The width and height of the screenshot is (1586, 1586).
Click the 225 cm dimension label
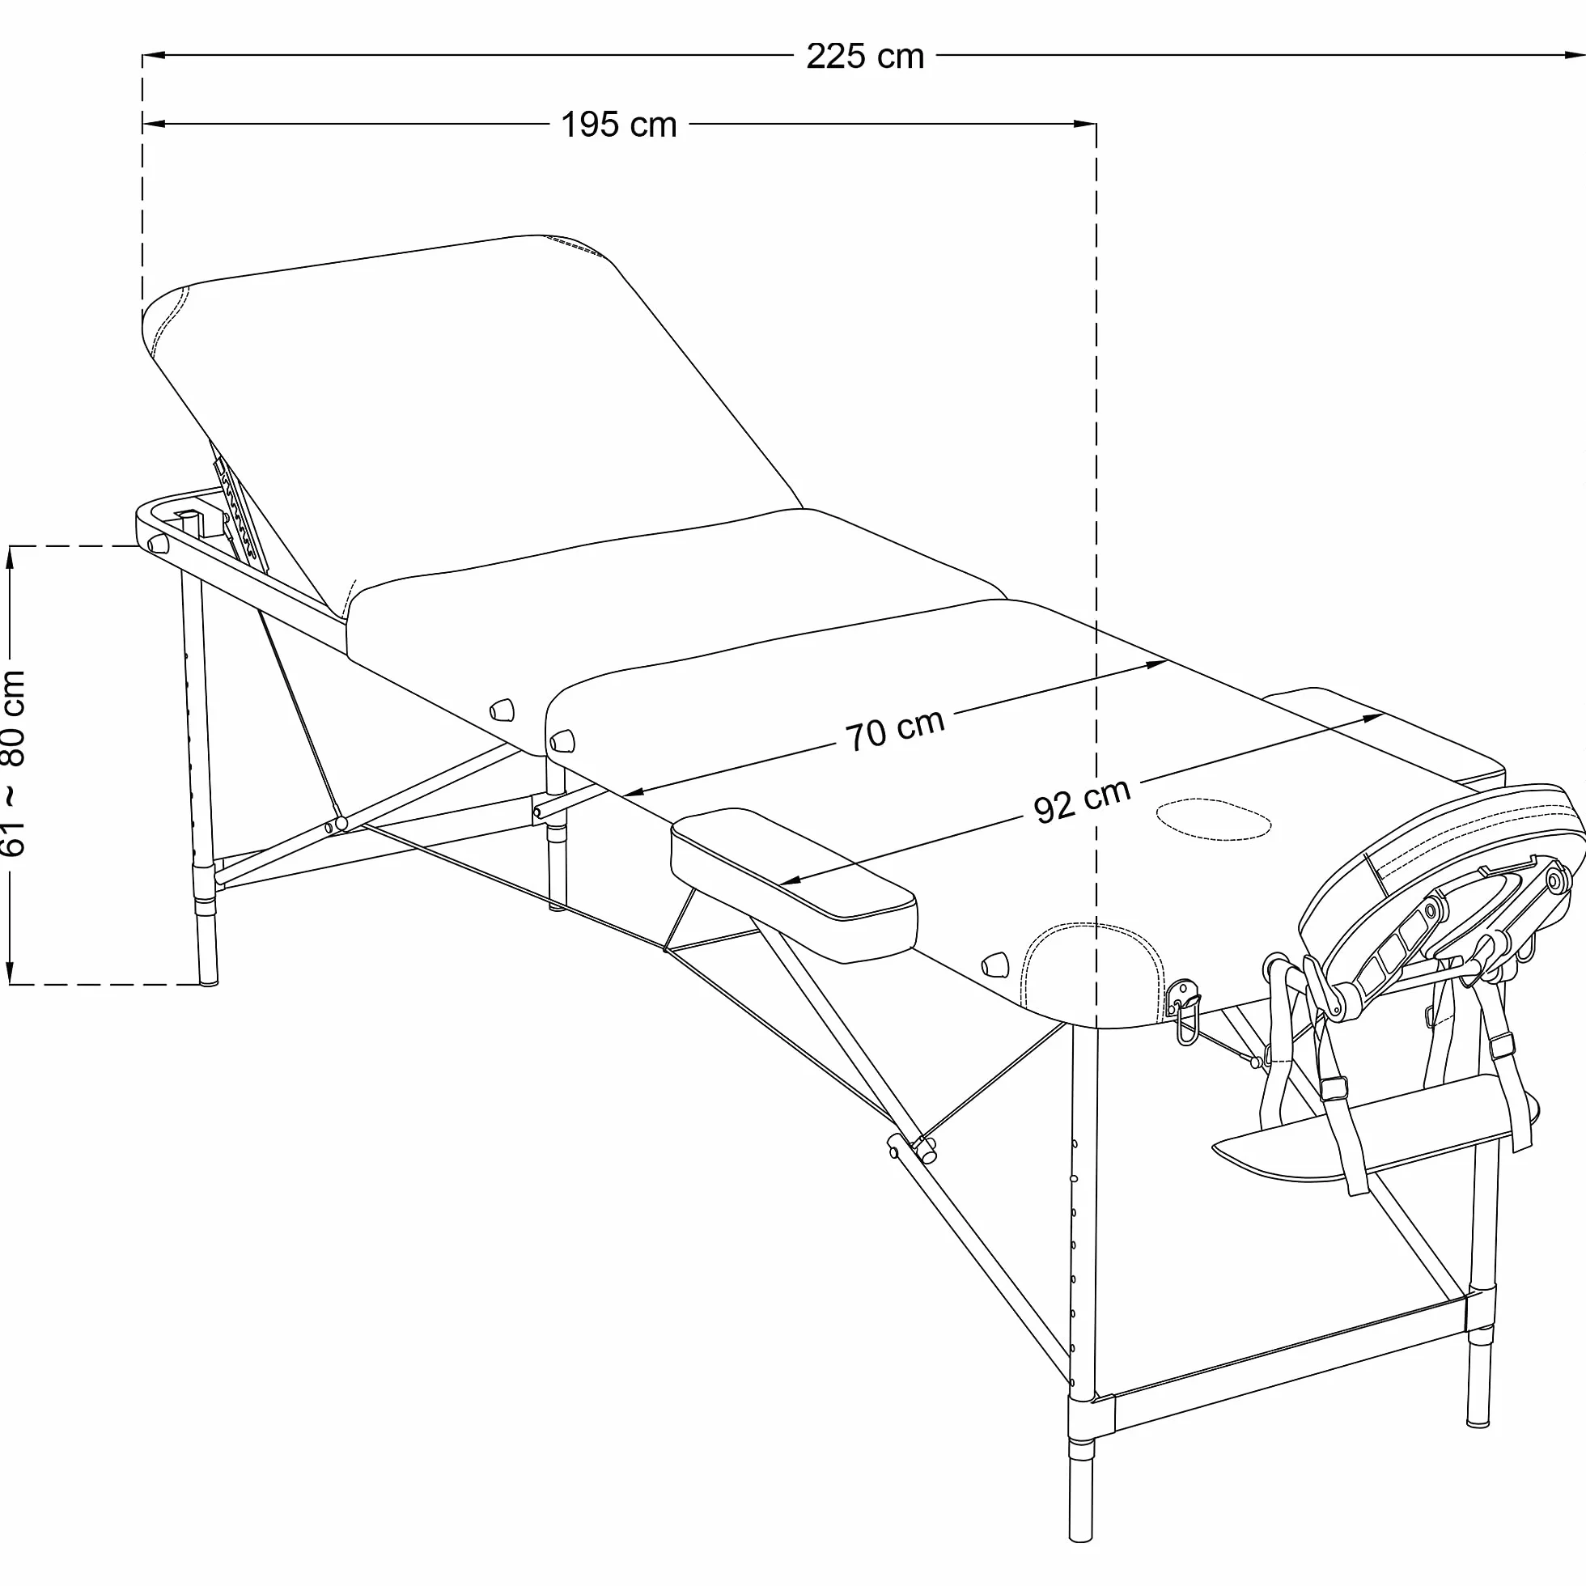[865, 57]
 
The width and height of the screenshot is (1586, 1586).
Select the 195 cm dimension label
[619, 125]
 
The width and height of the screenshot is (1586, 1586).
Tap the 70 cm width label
[895, 730]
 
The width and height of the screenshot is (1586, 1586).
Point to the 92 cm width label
[1082, 800]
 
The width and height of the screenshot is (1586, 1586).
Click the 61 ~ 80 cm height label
[15, 763]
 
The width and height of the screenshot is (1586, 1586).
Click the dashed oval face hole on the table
[1214, 818]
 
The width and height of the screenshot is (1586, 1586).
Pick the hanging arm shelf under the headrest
[1363, 1129]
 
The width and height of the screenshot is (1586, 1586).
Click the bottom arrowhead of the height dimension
[11, 972]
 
